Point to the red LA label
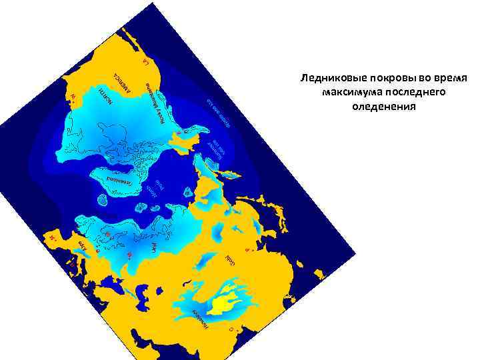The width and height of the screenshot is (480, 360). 147,62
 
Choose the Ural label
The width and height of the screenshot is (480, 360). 153,248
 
